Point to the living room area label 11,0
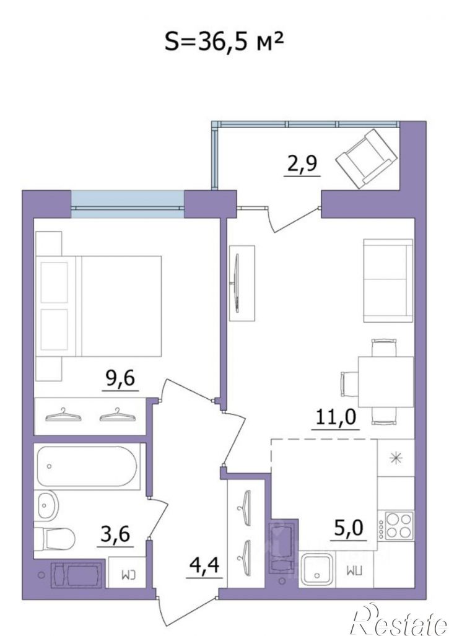[x=336, y=416]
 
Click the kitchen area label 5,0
[x=349, y=528]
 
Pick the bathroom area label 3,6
[x=115, y=534]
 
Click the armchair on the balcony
[x=366, y=159]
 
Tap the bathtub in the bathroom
[x=87, y=466]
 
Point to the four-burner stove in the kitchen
[x=397, y=525]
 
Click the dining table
[x=385, y=381]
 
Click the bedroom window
[x=128, y=201]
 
